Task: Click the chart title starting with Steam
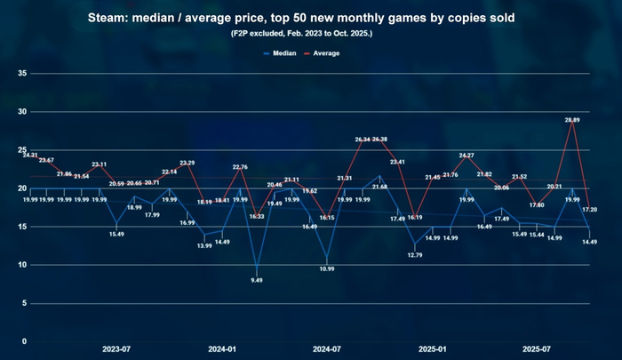click(x=311, y=18)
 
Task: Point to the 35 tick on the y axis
click(x=23, y=74)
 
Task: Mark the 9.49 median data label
click(x=257, y=280)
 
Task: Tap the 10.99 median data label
click(x=327, y=268)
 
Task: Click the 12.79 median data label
click(x=415, y=255)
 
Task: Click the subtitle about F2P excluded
click(x=311, y=34)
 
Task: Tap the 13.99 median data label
click(x=205, y=245)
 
